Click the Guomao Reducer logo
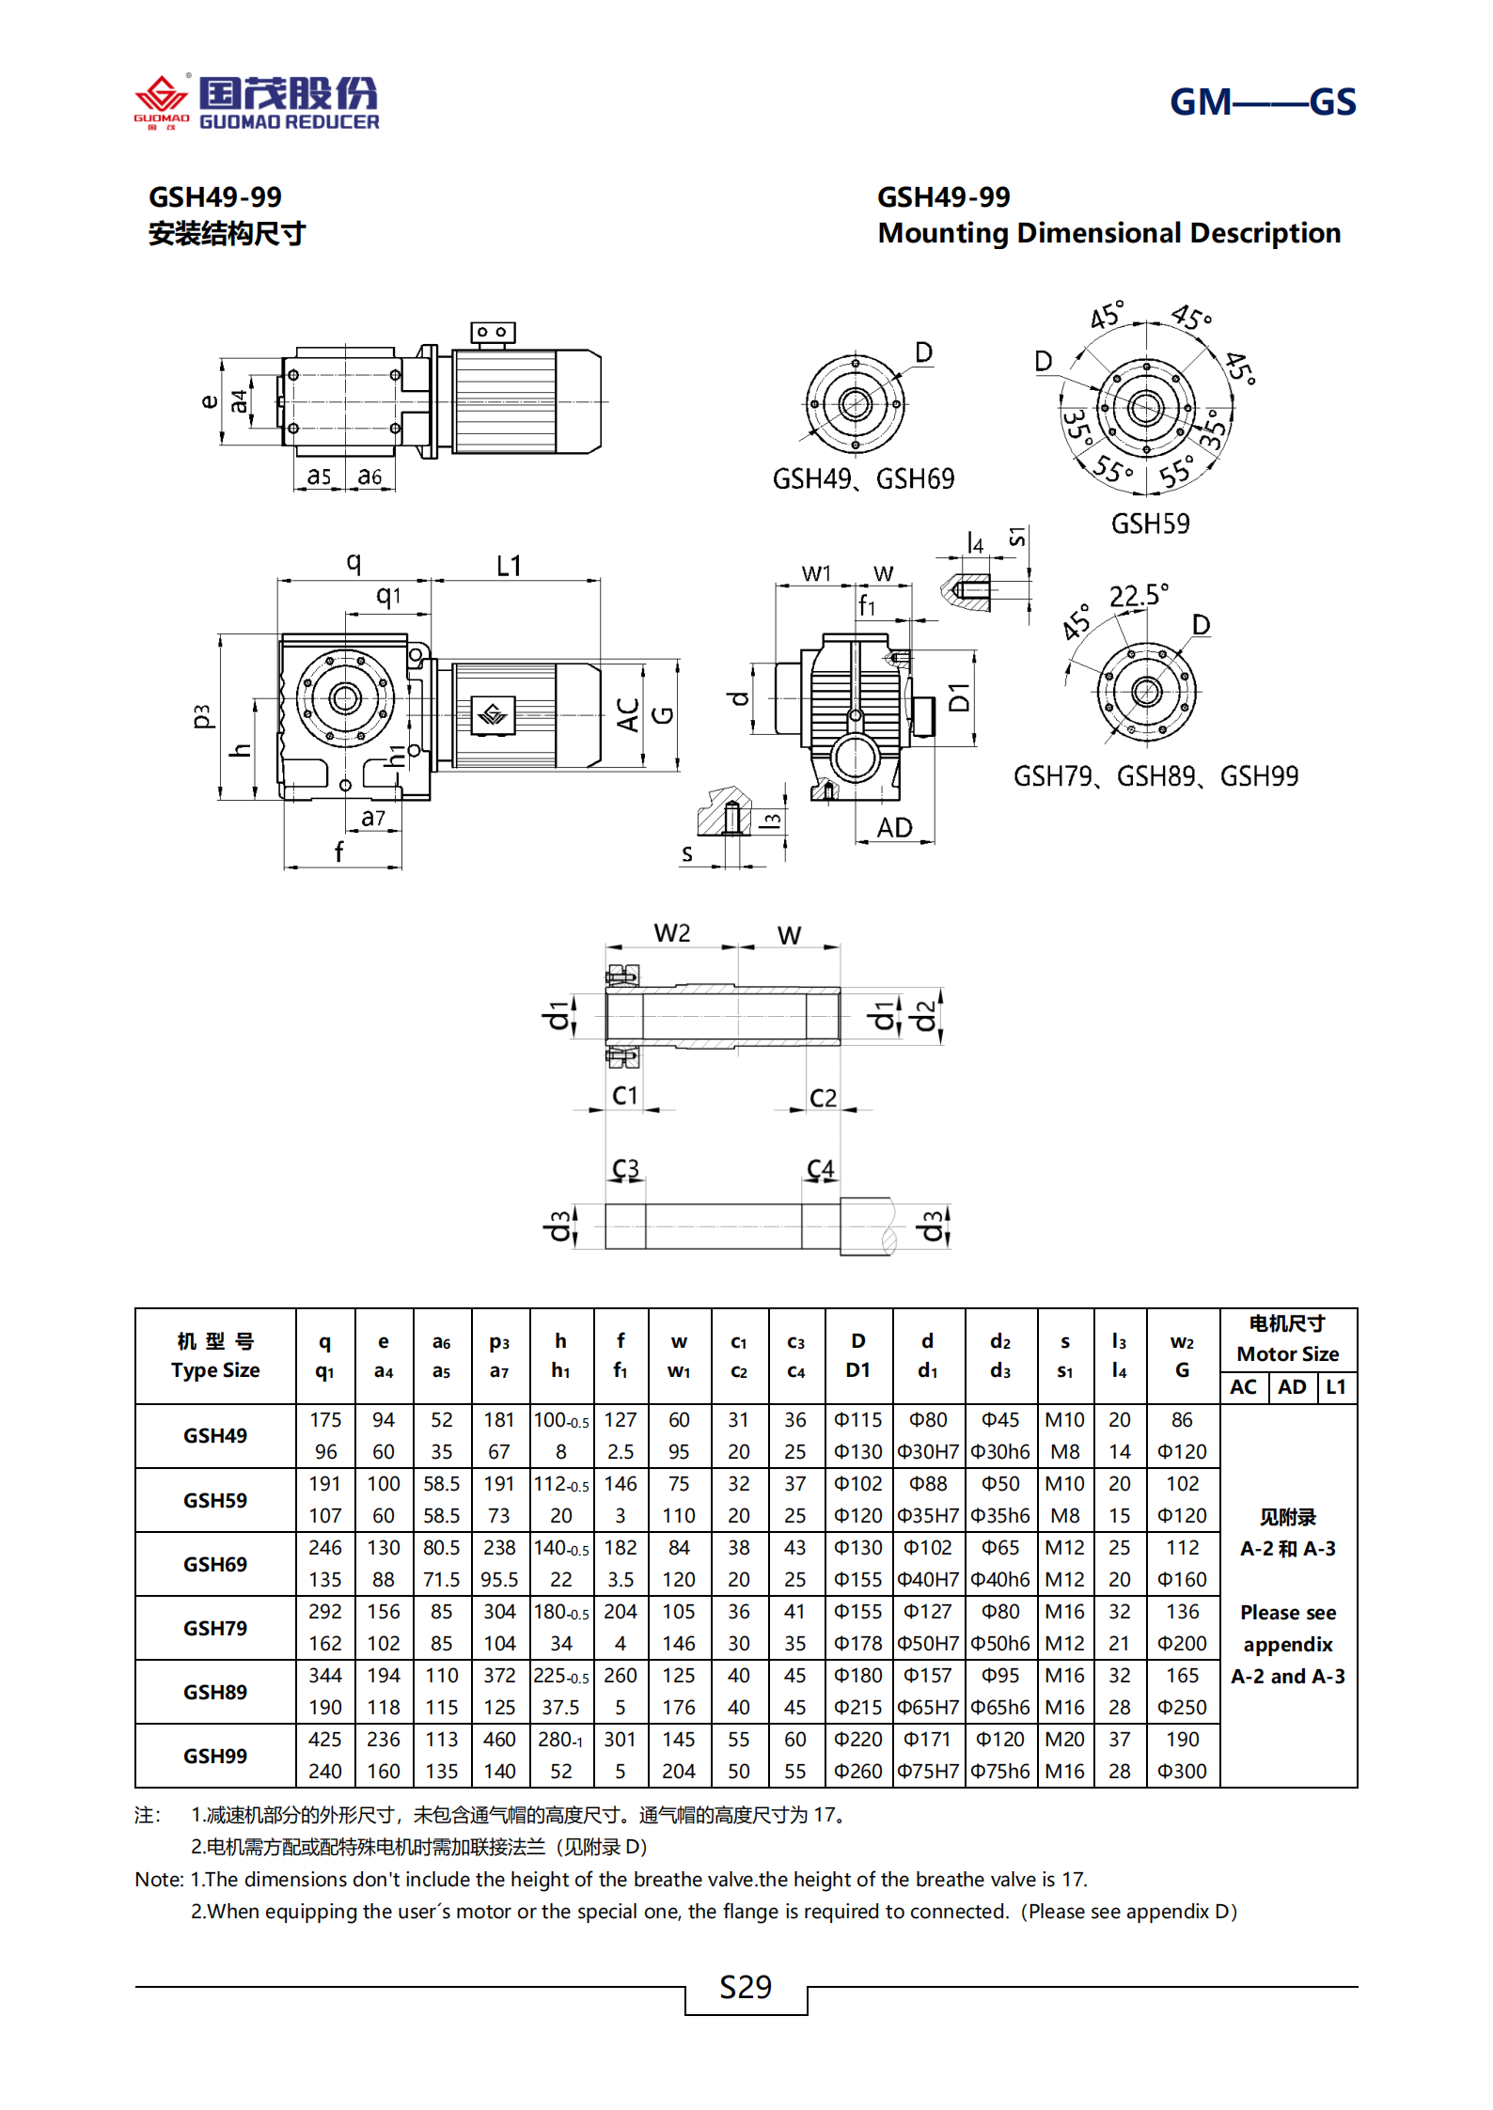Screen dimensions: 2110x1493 [256, 102]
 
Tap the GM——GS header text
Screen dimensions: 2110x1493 [1262, 102]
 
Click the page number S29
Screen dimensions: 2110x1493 [746, 1987]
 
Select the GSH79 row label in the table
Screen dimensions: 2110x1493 [215, 1628]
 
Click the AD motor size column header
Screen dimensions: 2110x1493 [1292, 1387]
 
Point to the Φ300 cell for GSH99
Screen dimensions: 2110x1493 [1182, 1772]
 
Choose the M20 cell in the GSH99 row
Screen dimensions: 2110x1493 [1064, 1740]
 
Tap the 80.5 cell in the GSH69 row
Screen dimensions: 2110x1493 [441, 1548]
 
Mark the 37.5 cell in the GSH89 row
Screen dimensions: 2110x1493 [560, 1708]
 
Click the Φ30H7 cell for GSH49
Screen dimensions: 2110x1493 [927, 1452]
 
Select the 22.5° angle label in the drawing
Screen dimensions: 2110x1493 [1138, 596]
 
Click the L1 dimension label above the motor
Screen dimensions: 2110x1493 [509, 566]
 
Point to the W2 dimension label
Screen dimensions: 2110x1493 [672, 933]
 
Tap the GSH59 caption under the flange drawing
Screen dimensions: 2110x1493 [1150, 524]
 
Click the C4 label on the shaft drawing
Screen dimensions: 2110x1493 [820, 1169]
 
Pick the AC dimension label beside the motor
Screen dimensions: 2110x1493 [627, 715]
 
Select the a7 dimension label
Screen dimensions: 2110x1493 [373, 819]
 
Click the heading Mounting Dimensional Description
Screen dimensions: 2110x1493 [1108, 233]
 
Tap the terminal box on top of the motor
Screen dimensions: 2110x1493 [493, 333]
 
